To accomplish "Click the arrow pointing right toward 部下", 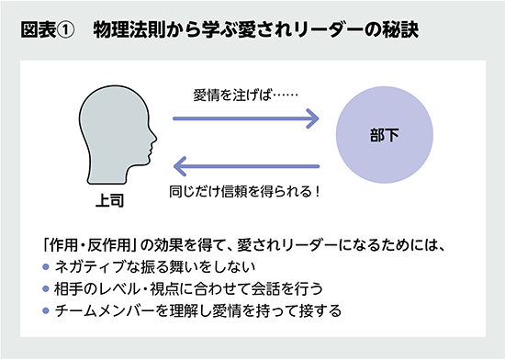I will coord(245,118).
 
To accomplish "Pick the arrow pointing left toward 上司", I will coord(245,166).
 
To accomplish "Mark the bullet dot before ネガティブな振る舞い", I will coord(47,268).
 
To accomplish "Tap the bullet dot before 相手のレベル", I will coord(47,289).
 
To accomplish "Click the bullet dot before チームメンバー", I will coord(47,310).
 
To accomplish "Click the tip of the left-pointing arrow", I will coord(175,166).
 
